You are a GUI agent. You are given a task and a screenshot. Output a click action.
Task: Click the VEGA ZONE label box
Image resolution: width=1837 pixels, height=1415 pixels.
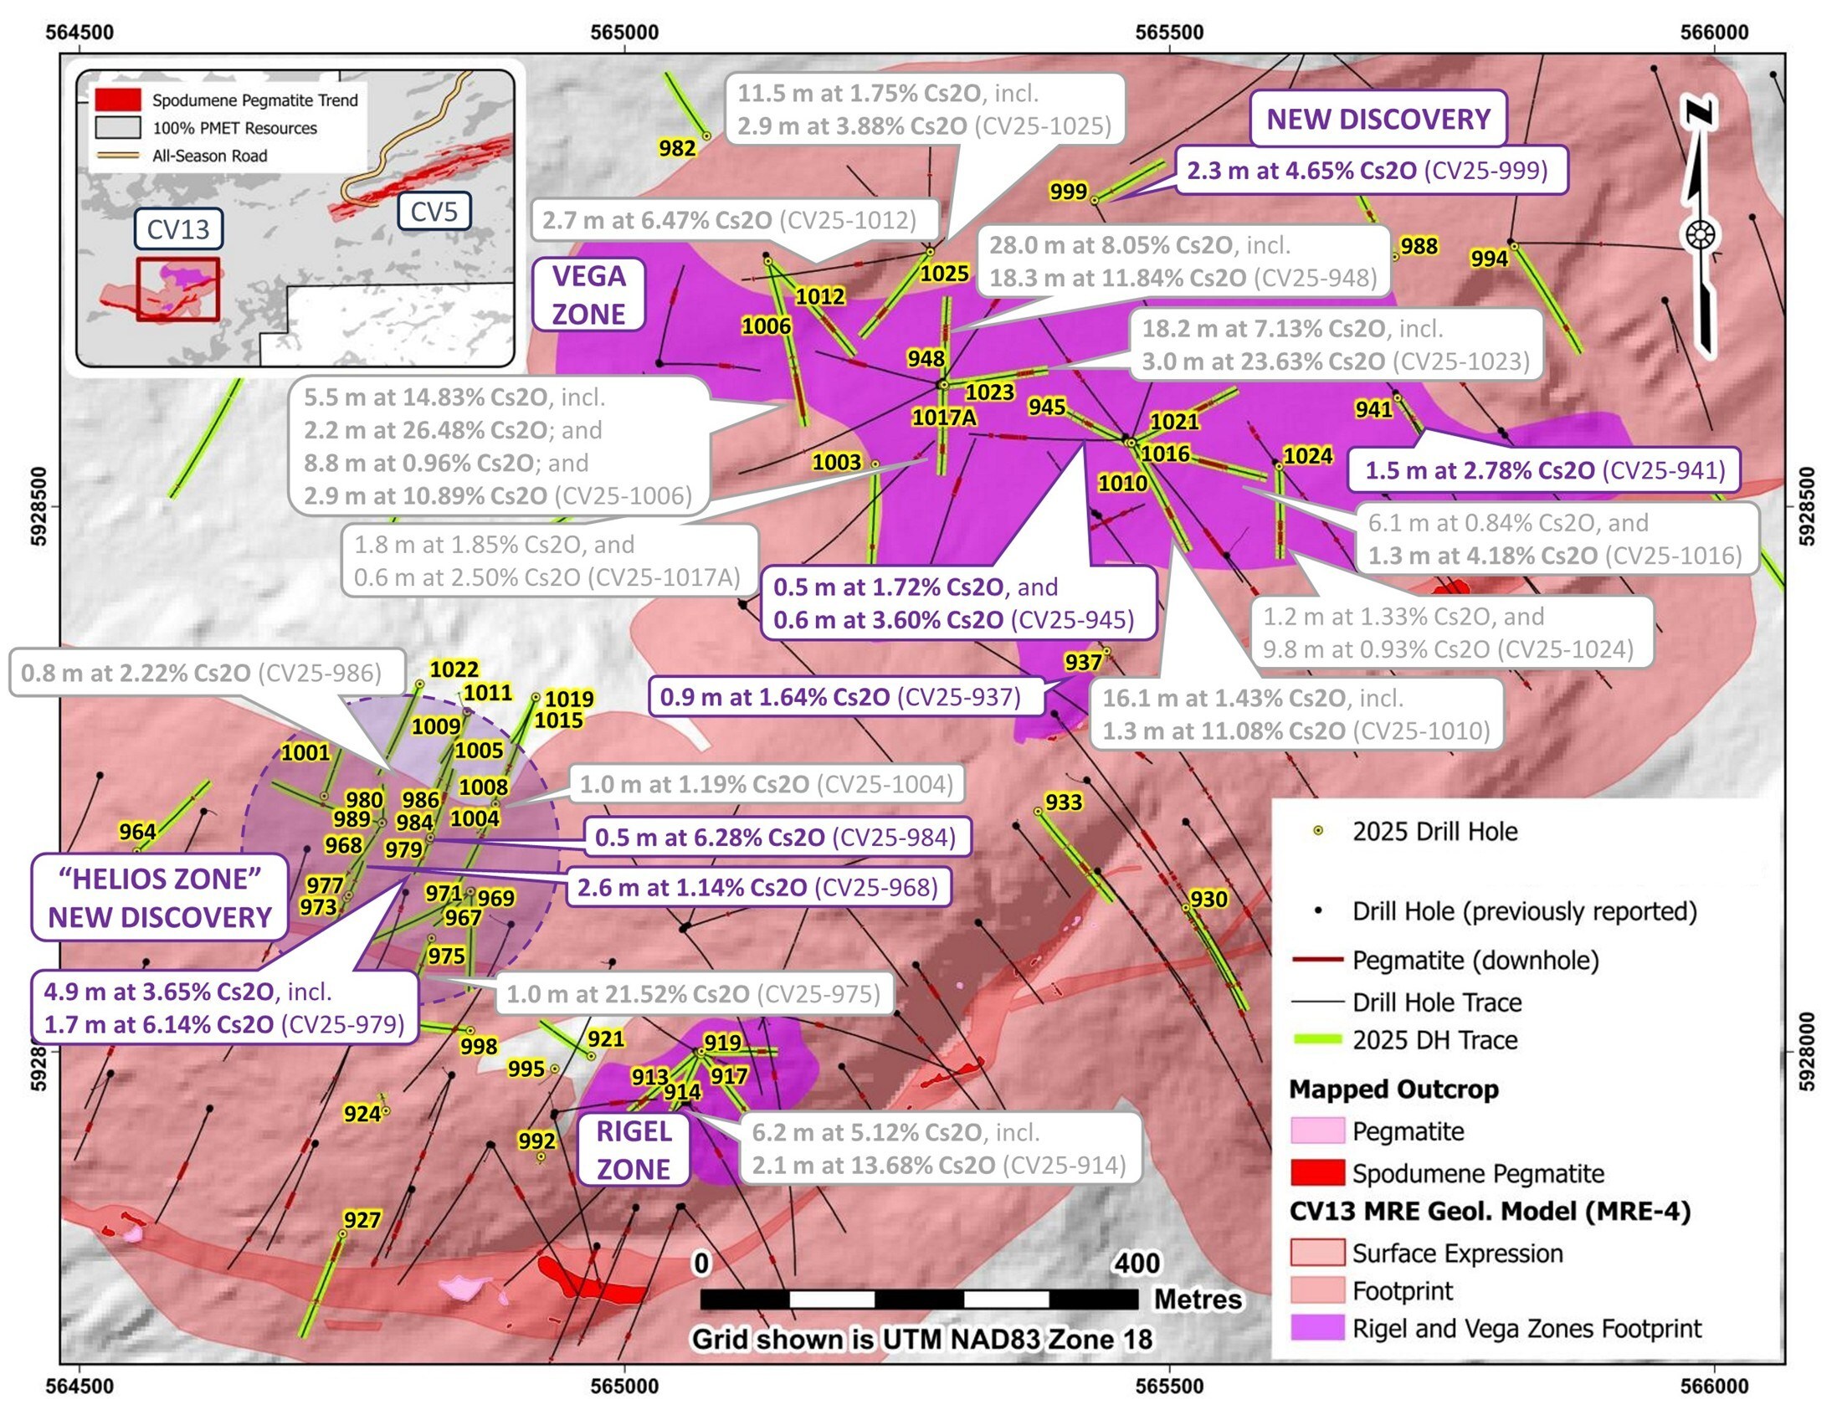(589, 295)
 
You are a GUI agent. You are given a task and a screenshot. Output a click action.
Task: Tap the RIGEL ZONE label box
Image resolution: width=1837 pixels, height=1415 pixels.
(634, 1151)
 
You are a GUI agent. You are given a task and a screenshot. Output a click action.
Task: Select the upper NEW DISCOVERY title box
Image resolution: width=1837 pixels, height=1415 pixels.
(1378, 119)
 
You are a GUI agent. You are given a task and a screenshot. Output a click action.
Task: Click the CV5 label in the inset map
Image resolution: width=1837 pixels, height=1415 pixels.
(434, 211)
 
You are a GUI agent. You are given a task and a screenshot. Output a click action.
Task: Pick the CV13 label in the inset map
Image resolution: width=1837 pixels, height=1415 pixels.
(178, 228)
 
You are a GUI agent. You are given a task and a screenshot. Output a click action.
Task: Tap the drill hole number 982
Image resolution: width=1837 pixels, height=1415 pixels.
(677, 149)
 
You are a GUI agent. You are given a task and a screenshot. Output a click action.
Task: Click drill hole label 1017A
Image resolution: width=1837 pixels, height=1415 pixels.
(944, 417)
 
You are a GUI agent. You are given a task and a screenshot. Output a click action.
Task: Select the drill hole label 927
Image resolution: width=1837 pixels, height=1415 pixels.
(362, 1220)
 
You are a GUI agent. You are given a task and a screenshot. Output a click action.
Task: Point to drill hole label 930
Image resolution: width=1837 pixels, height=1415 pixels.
(1208, 900)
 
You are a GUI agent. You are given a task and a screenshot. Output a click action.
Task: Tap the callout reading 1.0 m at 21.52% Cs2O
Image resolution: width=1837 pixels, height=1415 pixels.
(693, 994)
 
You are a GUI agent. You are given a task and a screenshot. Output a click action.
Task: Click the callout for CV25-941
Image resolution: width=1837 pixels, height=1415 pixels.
(1544, 470)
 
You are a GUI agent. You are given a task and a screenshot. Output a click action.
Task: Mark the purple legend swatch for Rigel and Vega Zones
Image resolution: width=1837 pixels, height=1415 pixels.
(1317, 1329)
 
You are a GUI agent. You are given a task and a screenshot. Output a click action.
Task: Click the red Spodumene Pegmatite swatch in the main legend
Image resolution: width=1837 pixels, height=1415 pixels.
(1317, 1172)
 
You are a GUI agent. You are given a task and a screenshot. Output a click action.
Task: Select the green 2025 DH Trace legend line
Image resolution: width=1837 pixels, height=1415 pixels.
(1317, 1040)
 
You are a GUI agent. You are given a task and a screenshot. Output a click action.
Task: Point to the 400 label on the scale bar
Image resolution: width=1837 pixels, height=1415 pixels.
(1137, 1263)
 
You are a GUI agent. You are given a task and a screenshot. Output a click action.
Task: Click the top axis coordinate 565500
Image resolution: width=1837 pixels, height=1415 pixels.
(1169, 32)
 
